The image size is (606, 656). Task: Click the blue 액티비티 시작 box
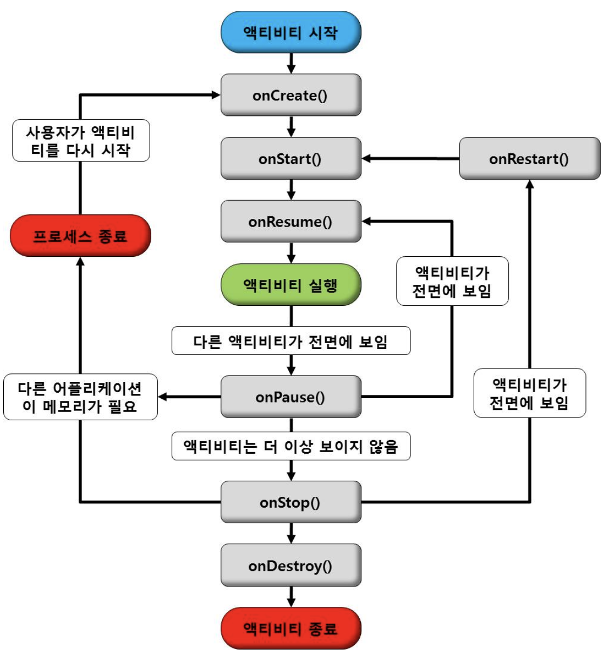pos(291,32)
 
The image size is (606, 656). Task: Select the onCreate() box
pos(291,95)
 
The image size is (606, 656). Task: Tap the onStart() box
pos(291,159)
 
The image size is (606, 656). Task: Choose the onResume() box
pos(291,222)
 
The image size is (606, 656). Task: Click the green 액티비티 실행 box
pos(291,285)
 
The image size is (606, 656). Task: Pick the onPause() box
pos(291,397)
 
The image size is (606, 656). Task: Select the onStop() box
pos(291,502)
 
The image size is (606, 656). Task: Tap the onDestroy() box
pos(291,565)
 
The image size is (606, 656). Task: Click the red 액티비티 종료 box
pos(291,628)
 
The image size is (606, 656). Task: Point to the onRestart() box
pos(529,159)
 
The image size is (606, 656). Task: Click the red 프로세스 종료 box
pos(80,236)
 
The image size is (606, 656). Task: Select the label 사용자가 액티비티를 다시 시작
pos(81,140)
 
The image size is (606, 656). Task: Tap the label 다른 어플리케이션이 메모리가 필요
pos(80,397)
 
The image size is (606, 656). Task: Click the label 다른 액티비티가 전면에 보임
pos(291,341)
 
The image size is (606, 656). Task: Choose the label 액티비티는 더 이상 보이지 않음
pos(291,446)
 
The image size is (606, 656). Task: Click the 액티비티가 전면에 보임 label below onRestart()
pos(529,393)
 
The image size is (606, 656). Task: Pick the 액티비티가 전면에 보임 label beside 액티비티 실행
pos(452,281)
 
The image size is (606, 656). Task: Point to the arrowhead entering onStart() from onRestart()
pos(367,159)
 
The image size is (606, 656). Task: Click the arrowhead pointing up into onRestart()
pos(530,184)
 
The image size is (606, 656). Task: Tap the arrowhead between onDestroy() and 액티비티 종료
pos(291,602)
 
